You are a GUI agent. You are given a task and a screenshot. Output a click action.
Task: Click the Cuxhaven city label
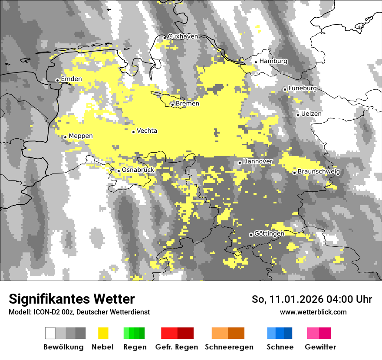tap(183, 36)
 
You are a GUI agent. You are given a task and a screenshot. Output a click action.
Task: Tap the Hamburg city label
tap(273, 61)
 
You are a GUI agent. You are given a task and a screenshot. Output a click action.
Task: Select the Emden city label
tap(72, 79)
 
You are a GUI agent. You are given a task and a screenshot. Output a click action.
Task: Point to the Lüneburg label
tap(303, 88)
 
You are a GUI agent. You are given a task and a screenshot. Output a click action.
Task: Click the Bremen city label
tap(188, 104)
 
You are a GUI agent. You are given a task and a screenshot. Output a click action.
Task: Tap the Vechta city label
tap(147, 131)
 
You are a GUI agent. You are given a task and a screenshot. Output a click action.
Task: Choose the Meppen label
tap(81, 136)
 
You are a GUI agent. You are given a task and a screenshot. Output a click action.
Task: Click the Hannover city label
tap(258, 161)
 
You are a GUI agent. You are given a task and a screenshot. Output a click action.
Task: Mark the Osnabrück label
tap(138, 170)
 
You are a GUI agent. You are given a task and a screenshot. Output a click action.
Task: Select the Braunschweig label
tap(319, 172)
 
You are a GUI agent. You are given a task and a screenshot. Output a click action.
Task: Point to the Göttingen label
tap(269, 234)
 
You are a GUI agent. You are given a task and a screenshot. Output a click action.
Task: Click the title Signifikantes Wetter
tap(72, 299)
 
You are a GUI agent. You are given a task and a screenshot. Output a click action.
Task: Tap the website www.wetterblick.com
tap(313, 312)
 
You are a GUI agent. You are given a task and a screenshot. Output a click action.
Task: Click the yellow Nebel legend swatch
tap(103, 333)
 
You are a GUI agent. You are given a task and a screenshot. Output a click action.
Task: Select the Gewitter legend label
tap(320, 347)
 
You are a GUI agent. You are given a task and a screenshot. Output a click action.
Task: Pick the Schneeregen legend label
tap(229, 347)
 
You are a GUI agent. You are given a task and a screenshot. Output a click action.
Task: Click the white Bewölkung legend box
tap(50, 333)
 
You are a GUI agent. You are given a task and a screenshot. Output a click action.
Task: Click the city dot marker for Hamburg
tap(256, 62)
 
